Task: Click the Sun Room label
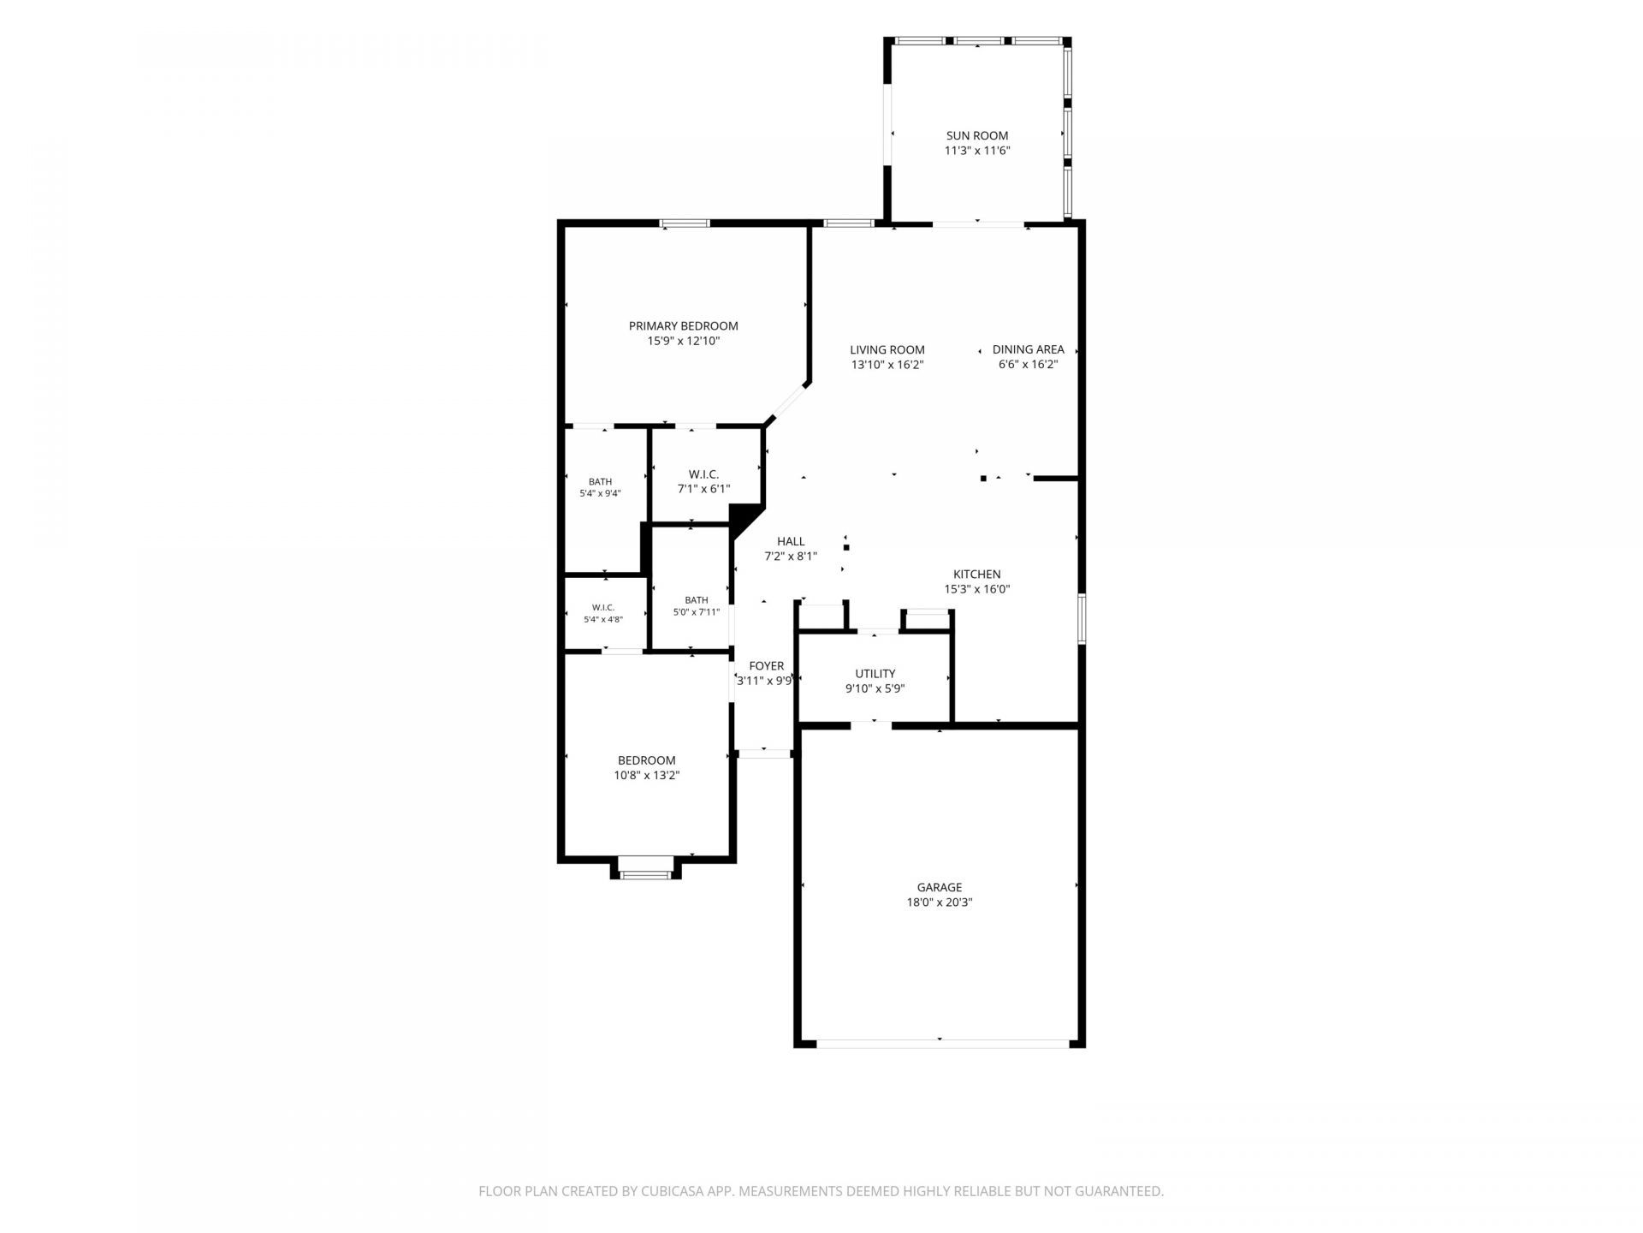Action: [x=976, y=135]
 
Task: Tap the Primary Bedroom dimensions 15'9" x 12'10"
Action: [x=683, y=341]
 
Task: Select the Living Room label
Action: [x=887, y=349]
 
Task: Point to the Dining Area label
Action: [x=1028, y=349]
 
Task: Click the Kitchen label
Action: [x=976, y=575]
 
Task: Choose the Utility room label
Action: [x=875, y=674]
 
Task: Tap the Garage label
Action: [x=940, y=887]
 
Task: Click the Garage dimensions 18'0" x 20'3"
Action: [x=940, y=902]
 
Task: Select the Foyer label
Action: [x=766, y=666]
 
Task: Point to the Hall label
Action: [x=791, y=541]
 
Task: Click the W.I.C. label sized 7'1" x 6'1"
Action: [x=703, y=474]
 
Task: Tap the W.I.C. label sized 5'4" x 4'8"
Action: [x=603, y=608]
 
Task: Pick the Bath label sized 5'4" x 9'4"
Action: [x=600, y=482]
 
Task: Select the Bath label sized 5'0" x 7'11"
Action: [x=697, y=600]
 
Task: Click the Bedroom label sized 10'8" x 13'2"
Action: [x=647, y=760]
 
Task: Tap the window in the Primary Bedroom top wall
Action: [x=685, y=223]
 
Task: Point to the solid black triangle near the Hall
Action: [x=743, y=519]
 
